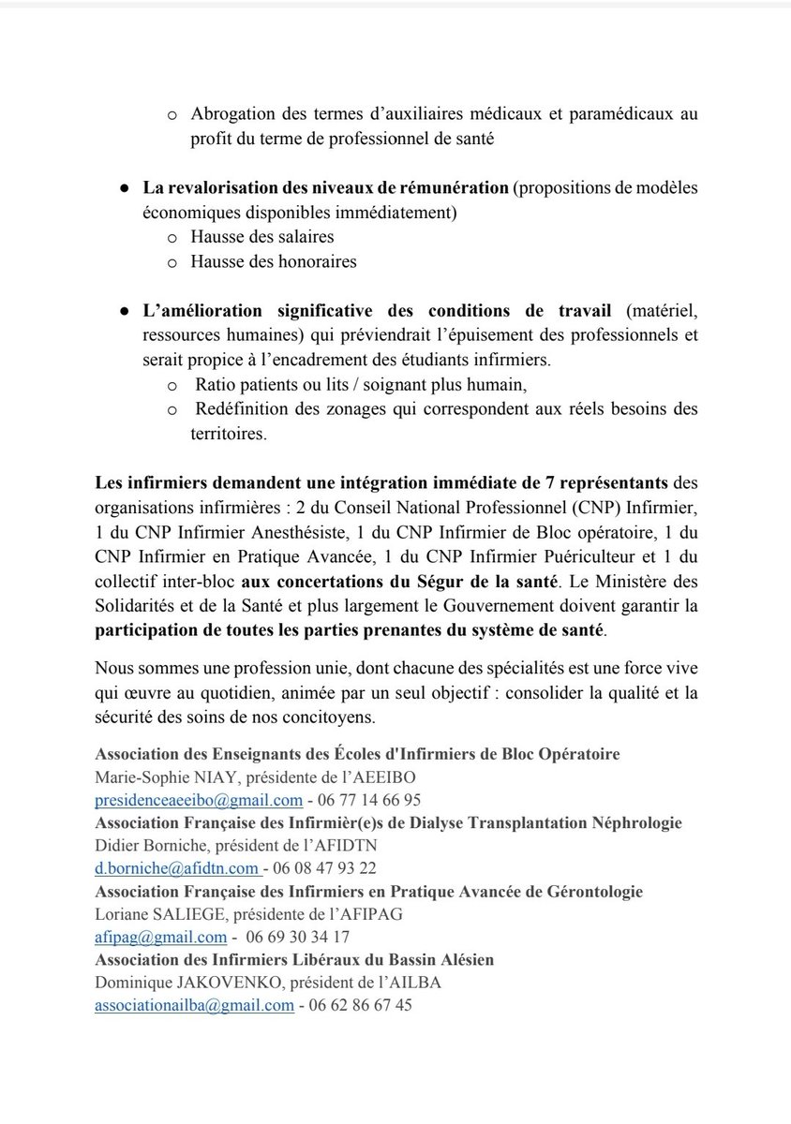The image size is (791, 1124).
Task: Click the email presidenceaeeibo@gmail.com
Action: click(198, 800)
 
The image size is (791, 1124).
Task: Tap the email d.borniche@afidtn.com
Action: click(175, 868)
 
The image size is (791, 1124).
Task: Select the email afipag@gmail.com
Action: click(160, 937)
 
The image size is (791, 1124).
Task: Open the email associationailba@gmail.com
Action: click(194, 1005)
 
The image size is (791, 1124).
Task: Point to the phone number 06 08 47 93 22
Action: click(323, 868)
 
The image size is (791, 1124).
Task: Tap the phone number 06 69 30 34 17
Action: click(298, 937)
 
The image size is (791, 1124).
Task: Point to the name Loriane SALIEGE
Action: click(152, 914)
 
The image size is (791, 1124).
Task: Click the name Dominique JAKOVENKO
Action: click(175, 983)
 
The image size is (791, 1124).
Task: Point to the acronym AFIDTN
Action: click(348, 846)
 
